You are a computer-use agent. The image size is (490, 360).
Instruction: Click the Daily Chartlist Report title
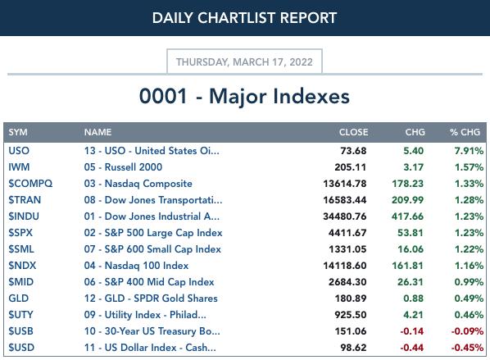tap(244, 18)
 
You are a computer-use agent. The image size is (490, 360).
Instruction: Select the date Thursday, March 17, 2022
tap(244, 62)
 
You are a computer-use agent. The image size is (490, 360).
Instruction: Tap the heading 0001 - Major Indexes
tap(244, 96)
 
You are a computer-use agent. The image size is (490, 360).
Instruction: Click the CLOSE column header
tap(353, 132)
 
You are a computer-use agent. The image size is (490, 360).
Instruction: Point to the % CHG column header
tap(465, 132)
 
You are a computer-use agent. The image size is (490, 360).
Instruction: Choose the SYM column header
tap(18, 132)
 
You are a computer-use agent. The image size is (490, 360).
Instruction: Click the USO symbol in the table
tap(19, 151)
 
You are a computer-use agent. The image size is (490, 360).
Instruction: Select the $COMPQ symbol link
tap(30, 184)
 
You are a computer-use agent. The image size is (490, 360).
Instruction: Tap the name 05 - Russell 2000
tap(123, 167)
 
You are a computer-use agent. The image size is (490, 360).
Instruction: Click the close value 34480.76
tap(345, 216)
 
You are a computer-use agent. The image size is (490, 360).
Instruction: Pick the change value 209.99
tap(408, 200)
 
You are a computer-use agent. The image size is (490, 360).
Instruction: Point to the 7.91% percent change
tap(469, 151)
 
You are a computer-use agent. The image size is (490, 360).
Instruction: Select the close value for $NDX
tap(345, 266)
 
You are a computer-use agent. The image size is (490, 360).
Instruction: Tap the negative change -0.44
tap(412, 348)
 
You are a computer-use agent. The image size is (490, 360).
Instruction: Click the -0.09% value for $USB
tap(468, 331)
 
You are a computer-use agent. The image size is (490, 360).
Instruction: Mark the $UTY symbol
tap(20, 315)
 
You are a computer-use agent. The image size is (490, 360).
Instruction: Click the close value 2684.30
tap(347, 282)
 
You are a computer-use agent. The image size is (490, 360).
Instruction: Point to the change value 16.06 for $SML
tap(411, 249)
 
